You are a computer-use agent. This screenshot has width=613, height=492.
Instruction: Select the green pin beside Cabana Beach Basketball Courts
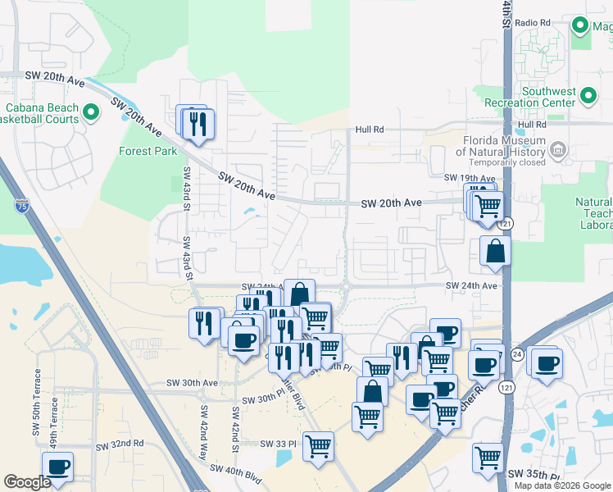pos(90,113)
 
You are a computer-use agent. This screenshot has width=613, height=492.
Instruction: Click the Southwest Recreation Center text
pos(542,96)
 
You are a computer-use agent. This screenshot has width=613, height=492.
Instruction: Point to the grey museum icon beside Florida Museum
pos(558,149)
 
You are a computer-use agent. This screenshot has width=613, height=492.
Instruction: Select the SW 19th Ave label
pos(470,178)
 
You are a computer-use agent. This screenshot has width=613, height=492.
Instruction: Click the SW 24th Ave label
pos(471,285)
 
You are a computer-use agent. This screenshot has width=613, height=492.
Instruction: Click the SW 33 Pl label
pos(277,444)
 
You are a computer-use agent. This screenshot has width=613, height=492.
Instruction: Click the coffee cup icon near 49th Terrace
pos(57,467)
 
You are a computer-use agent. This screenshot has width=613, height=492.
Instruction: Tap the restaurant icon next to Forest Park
pos(197,123)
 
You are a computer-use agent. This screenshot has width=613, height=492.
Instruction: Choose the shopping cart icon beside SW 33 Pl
pos(318,446)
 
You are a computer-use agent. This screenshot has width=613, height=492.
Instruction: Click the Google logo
pos(27,482)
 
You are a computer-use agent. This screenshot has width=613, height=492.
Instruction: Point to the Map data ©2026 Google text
pos(561,485)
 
